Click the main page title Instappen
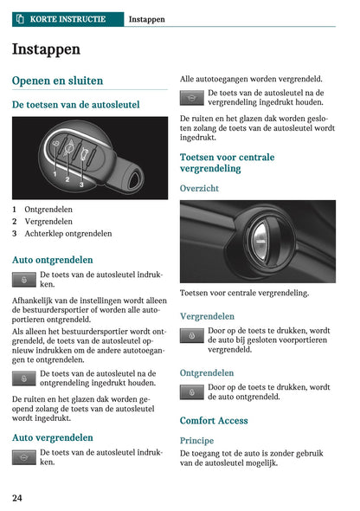46,49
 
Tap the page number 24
17,498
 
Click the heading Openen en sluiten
57,81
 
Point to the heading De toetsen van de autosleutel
75,104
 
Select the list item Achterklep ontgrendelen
67,234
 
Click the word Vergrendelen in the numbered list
48,222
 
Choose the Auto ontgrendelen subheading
53,259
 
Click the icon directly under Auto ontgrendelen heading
24,279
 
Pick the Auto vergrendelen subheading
53,437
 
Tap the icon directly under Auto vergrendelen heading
24,456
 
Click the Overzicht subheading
199,188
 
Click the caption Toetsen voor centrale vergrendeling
244,294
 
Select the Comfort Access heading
214,421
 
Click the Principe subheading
197,440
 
